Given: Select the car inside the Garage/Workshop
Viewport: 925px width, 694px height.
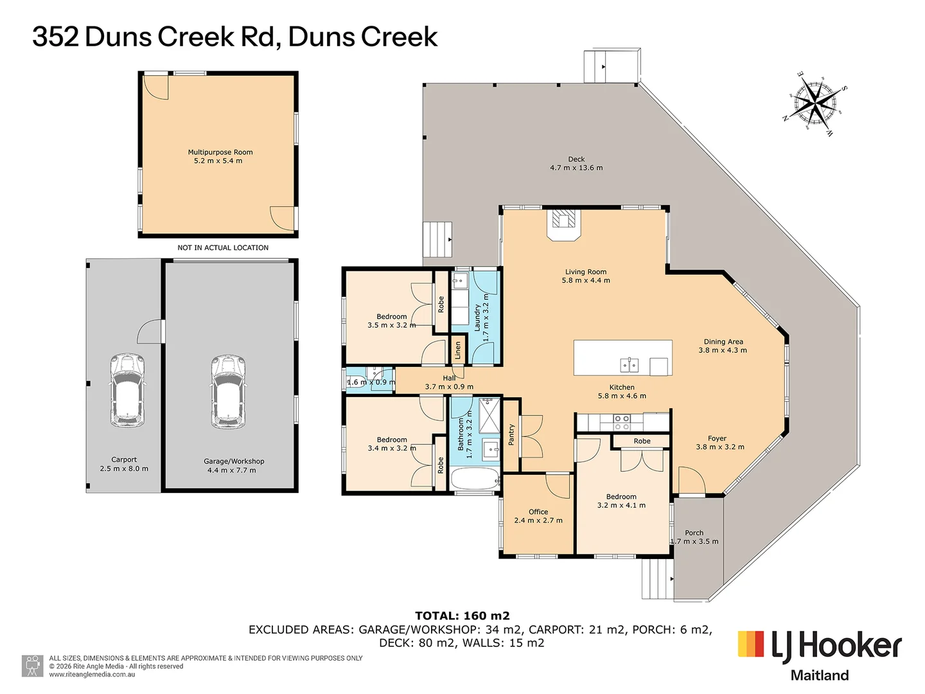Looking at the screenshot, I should click(228, 391).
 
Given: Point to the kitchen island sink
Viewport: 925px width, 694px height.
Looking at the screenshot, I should click(629, 365).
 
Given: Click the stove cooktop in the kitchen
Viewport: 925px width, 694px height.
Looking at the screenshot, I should click(621, 422).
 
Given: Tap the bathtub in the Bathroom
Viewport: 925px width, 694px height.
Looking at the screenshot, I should click(475, 479).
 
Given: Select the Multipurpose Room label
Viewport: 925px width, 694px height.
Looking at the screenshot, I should click(220, 152).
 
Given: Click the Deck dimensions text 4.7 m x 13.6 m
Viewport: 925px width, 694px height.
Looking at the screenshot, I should click(576, 168).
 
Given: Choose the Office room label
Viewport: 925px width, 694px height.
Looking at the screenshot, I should click(538, 512).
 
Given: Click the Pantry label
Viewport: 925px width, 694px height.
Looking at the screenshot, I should click(511, 435).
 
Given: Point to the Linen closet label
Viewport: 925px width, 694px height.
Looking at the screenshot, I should click(458, 350).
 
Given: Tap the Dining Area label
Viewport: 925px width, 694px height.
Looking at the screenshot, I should click(723, 342).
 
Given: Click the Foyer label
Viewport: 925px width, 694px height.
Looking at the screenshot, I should click(717, 438).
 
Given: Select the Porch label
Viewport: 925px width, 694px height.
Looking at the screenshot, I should click(694, 533).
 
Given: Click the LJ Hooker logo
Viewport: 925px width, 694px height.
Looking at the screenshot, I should click(820, 646).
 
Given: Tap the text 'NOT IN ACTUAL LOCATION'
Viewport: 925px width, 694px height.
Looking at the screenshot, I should click(223, 247).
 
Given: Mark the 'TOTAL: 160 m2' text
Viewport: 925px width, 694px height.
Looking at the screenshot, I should click(462, 616).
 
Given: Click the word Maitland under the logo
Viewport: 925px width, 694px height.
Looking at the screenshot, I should click(819, 675).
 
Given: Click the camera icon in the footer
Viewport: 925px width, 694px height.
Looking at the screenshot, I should click(32, 666).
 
